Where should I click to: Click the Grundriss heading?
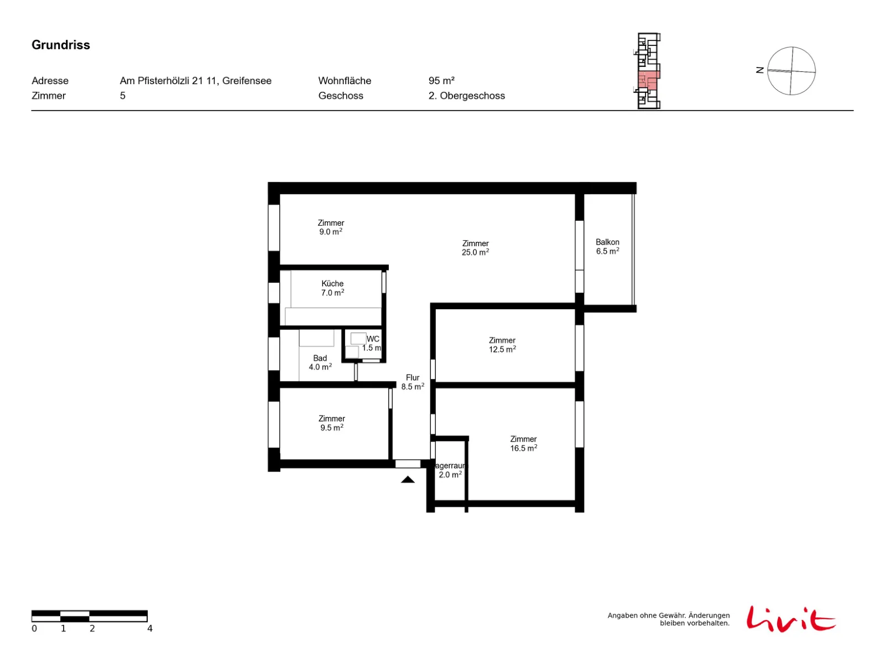click(60, 45)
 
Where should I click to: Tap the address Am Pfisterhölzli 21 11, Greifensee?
click(195, 81)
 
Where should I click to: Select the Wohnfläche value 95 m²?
click(441, 81)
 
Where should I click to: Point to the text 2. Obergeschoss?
click(466, 96)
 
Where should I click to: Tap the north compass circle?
click(790, 71)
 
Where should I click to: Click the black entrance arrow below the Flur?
click(407, 479)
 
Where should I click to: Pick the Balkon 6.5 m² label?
click(607, 246)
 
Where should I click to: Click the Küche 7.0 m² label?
click(332, 288)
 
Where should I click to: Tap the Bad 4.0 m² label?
click(320, 362)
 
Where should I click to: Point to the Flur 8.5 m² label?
click(412, 381)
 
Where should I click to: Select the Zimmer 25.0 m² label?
click(475, 247)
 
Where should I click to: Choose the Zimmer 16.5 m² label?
click(523, 443)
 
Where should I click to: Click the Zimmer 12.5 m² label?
click(502, 344)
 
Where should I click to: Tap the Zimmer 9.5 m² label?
click(331, 423)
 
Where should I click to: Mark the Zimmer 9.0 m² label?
click(331, 227)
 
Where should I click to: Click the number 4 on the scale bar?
click(149, 627)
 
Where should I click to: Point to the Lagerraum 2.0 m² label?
click(450, 470)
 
